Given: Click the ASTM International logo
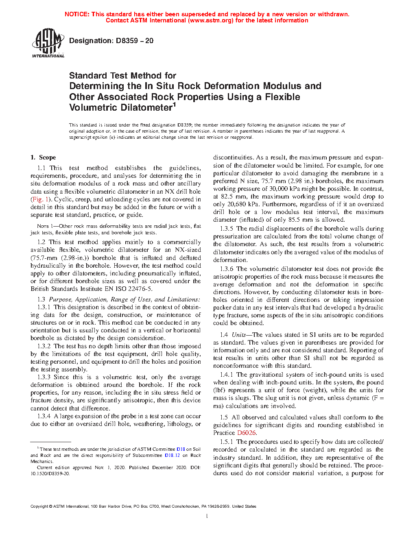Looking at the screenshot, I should tap(48, 43).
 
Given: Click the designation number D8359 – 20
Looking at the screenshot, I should tap(134, 41).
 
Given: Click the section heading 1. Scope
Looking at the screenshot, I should tap(43, 157).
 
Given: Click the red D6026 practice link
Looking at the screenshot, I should tap(247, 433).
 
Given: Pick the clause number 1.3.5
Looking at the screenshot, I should tap(227, 229).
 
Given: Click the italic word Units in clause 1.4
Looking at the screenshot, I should tap(238, 335).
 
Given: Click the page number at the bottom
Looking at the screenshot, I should tap(207, 516).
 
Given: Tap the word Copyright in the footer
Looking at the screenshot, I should tap(39, 506).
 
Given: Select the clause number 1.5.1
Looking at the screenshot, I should tap(227, 442).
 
